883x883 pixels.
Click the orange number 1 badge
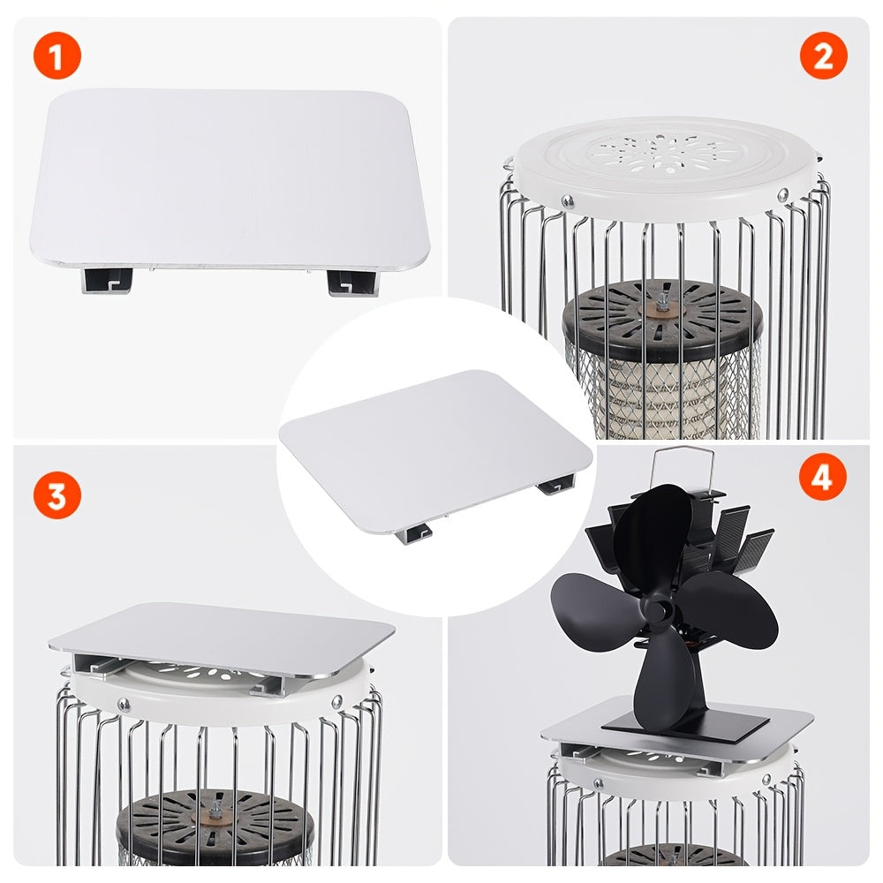(x=57, y=57)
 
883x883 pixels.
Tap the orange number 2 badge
(x=823, y=57)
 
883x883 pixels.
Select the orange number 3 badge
(x=57, y=495)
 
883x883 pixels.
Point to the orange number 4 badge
(x=822, y=479)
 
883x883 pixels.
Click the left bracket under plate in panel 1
(x=107, y=282)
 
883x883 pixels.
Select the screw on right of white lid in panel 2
(x=782, y=195)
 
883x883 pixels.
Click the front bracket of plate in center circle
(x=413, y=532)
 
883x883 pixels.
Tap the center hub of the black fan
(x=658, y=609)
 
